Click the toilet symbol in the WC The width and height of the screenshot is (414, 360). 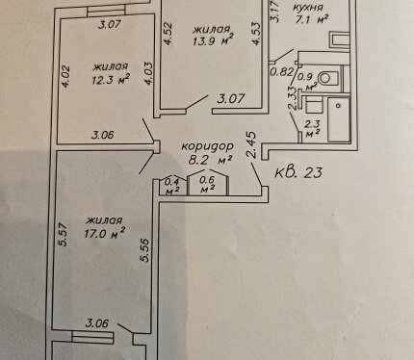328,78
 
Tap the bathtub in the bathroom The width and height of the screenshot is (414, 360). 339,119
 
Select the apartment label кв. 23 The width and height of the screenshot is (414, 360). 298,172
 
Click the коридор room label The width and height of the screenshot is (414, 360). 208,146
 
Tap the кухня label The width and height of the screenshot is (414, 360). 308,8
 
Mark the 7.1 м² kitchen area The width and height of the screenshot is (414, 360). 311,20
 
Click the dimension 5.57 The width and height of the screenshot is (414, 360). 64,234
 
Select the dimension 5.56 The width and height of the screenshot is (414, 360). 145,250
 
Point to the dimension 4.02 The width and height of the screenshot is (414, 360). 65,77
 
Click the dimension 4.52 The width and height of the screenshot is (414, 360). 168,33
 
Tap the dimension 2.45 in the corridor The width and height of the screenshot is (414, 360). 252,144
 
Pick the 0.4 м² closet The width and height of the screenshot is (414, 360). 171,187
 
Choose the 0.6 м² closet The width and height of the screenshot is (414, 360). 207,185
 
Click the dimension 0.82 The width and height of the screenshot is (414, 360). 281,72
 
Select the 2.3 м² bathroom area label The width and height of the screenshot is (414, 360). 312,129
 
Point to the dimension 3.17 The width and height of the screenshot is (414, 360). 274,12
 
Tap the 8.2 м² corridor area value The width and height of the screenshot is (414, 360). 210,160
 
